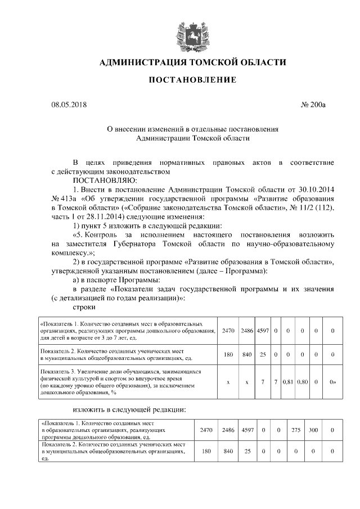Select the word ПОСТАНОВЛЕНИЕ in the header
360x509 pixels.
[x=192, y=80]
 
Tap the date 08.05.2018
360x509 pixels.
[x=69, y=105]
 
